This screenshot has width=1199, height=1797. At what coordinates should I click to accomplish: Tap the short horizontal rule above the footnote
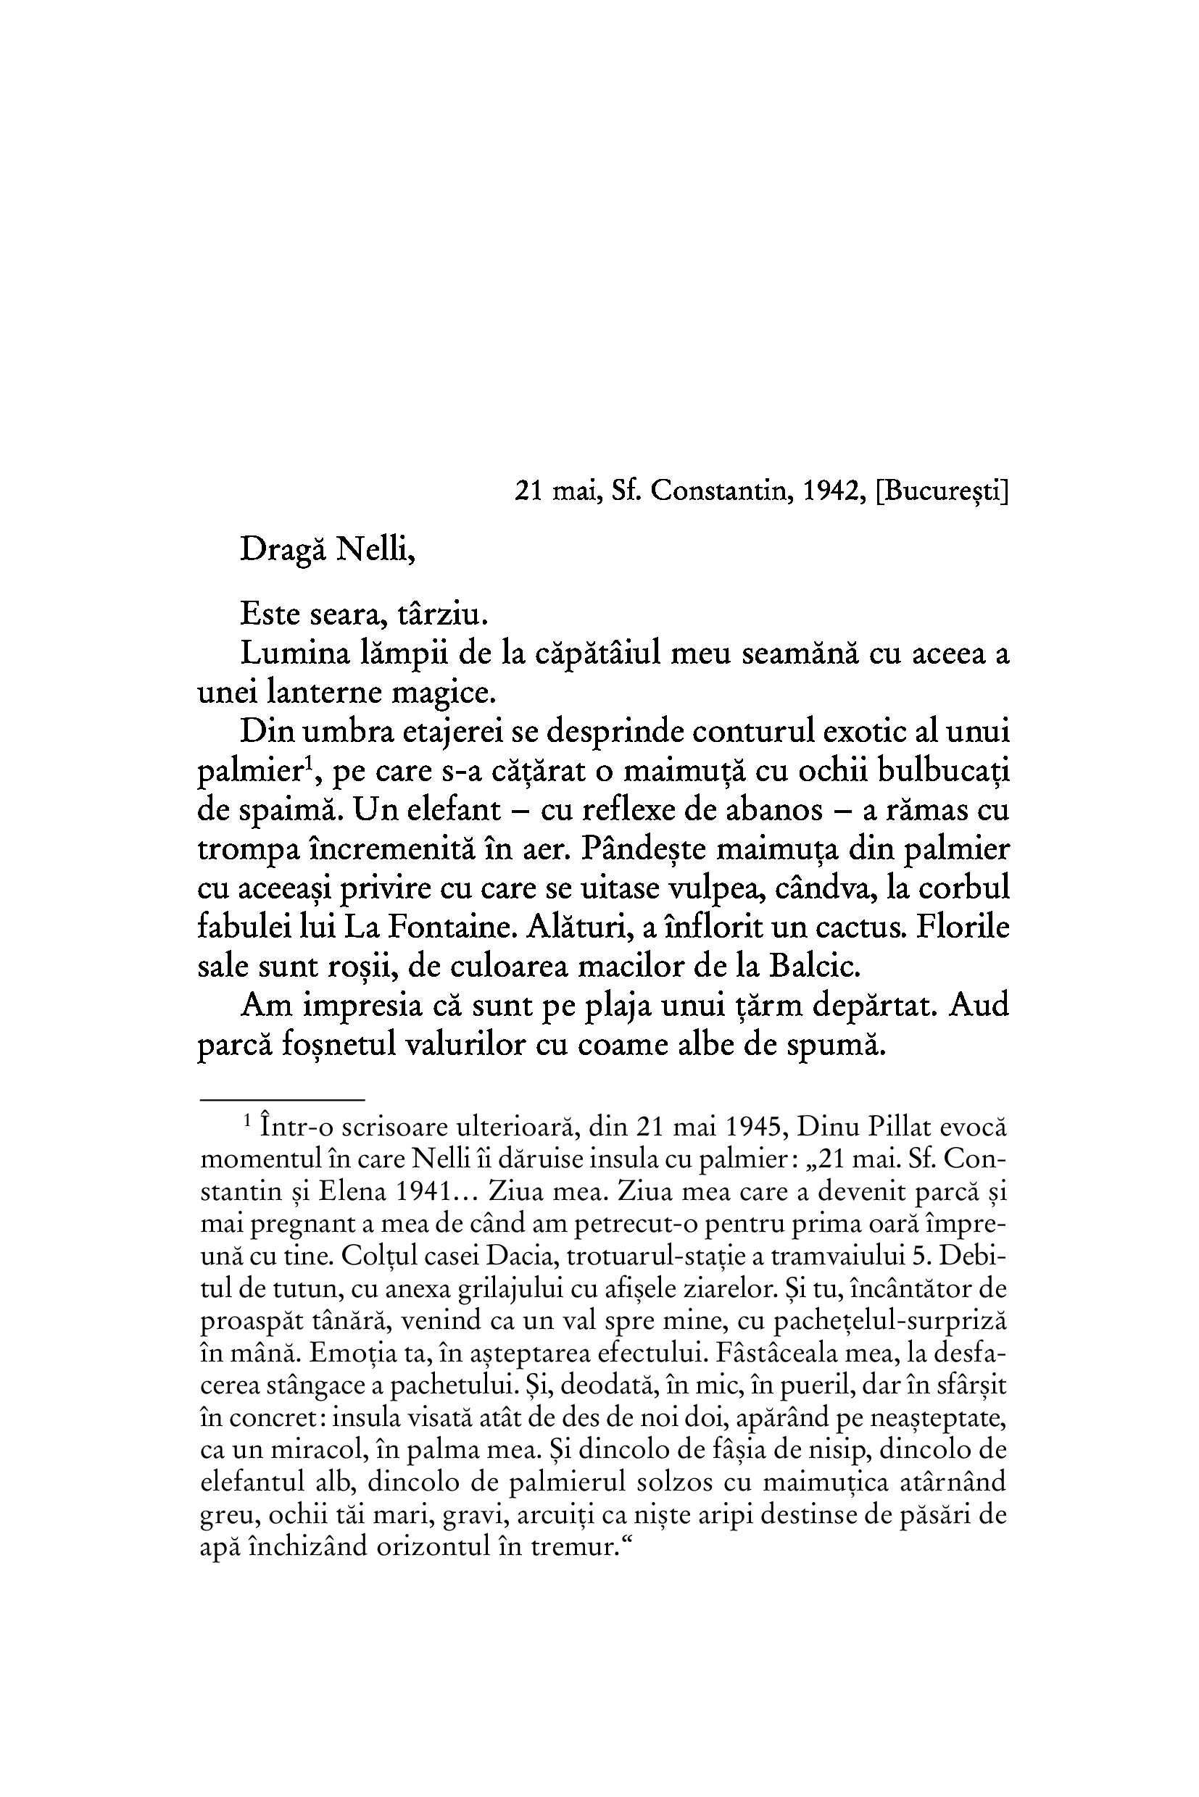click(282, 1100)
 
